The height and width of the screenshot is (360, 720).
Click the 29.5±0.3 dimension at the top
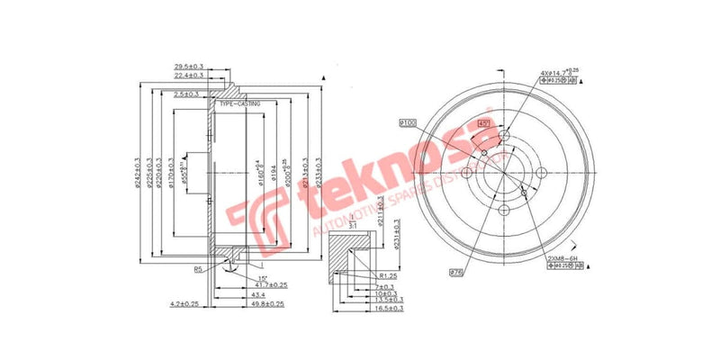pyautogui.click(x=190, y=66)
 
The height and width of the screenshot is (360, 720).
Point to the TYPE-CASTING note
pyautogui.click(x=239, y=103)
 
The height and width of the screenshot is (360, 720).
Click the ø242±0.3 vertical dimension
pyautogui.click(x=136, y=175)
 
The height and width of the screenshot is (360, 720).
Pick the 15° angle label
pyautogui.click(x=237, y=277)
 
